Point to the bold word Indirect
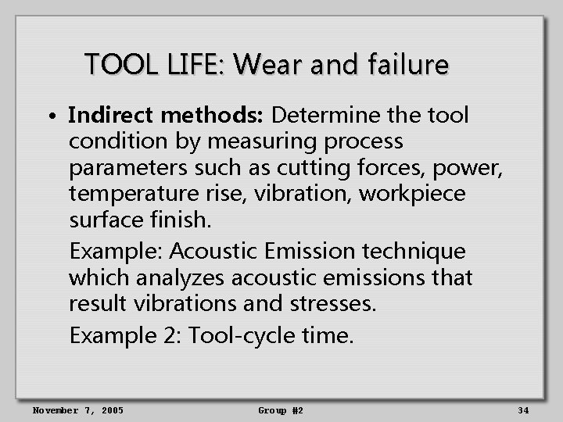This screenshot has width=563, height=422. pos(111,116)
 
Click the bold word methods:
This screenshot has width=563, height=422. pos(213,116)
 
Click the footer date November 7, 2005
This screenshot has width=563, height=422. pos(77,410)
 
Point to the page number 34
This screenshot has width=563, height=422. pos(523,410)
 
